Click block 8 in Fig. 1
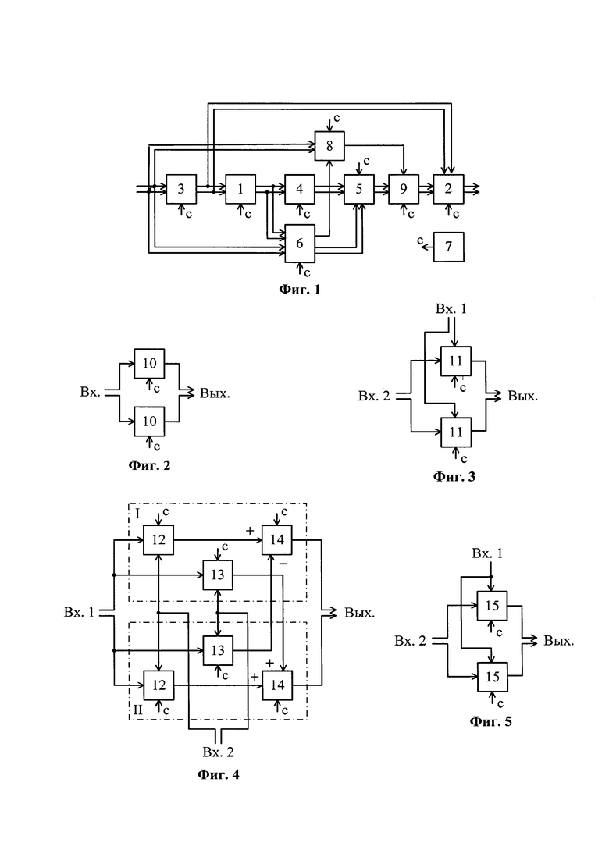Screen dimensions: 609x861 pos(329,146)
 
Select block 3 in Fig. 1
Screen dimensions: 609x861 pos(181,189)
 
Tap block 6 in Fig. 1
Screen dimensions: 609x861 pos(300,243)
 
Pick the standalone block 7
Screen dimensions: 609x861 pos(449,247)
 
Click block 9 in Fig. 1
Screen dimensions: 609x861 pos(404,189)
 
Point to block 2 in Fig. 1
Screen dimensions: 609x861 pos(448,189)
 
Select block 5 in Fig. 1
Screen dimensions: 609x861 pos(359,189)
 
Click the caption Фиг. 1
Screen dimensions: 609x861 pos(300,289)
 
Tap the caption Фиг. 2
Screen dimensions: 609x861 pos(149,465)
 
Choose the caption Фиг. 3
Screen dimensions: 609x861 pos(454,476)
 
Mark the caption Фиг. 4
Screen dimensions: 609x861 pos(218,775)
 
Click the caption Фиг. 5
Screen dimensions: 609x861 pos(490,721)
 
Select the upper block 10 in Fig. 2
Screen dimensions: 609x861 pos(149,363)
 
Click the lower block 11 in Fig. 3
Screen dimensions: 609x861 pos(456,432)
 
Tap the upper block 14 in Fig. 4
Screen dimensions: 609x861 pos(276,539)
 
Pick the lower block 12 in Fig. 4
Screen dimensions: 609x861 pos(158,685)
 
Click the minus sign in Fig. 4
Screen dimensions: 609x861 pos(283,564)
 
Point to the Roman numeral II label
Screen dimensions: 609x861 pos(137,710)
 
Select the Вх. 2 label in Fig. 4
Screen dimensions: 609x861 pos(218,752)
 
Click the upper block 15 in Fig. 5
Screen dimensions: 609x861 pos(492,606)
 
